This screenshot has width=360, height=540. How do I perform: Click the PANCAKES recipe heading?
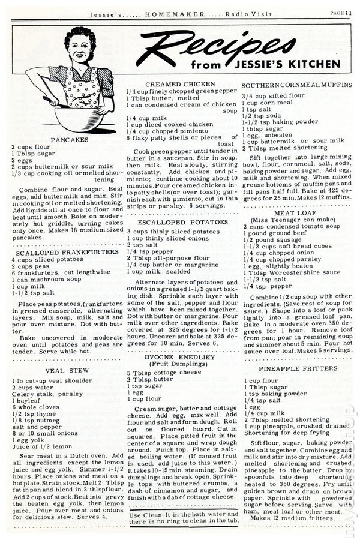[x=70, y=139]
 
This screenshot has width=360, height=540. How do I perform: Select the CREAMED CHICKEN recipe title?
[x=181, y=85]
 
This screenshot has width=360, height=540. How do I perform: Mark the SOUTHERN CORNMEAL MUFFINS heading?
[x=297, y=85]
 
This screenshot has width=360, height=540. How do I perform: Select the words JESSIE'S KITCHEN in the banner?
[x=296, y=64]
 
